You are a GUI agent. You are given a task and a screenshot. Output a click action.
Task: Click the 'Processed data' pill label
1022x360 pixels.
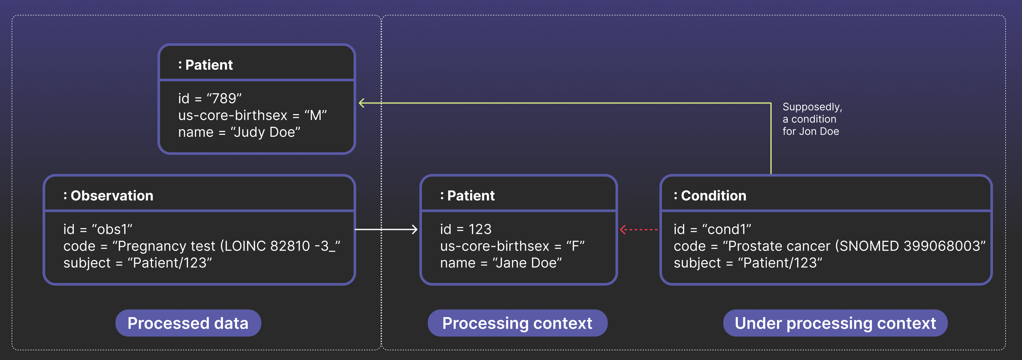pyautogui.click(x=188, y=323)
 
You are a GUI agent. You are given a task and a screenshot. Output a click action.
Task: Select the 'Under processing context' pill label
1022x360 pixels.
pyautogui.click(x=835, y=323)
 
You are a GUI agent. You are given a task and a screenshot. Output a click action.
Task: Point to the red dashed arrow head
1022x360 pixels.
pyautogui.click(x=623, y=229)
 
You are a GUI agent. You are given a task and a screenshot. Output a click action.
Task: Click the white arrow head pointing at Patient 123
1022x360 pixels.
pyautogui.click(x=415, y=229)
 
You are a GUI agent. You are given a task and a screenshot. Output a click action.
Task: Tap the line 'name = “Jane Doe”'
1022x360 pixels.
pyautogui.click(x=501, y=263)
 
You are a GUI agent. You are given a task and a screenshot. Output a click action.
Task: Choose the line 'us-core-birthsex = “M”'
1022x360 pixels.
pyautogui.click(x=252, y=115)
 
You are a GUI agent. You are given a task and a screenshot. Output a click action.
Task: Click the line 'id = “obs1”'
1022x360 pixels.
pyautogui.click(x=98, y=229)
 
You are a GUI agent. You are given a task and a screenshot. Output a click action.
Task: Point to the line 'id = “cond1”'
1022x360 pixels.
pyautogui.click(x=712, y=229)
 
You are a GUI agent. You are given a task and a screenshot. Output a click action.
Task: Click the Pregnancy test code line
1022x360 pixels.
pyautogui.click(x=202, y=246)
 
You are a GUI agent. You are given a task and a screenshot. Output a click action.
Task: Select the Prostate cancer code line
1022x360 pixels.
pyautogui.click(x=829, y=246)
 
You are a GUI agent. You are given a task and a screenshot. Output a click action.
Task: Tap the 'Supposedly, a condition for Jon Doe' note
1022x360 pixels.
pyautogui.click(x=812, y=119)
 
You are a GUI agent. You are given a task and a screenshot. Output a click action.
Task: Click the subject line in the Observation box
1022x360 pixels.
pyautogui.click(x=137, y=263)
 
